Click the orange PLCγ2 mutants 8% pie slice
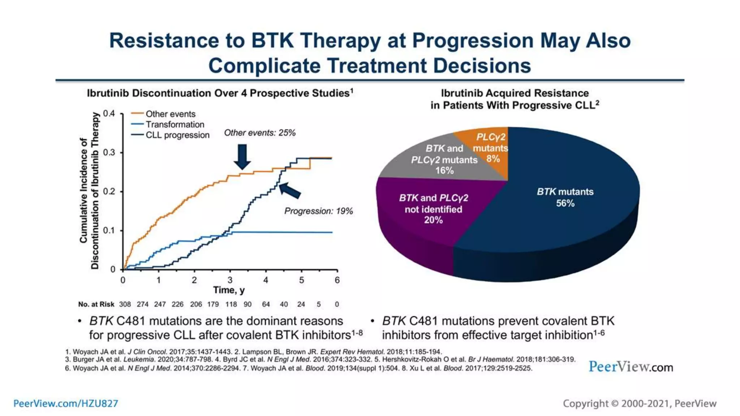(x=490, y=148)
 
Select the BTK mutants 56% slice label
(x=565, y=197)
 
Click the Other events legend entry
(x=170, y=114)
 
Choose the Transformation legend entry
(x=175, y=125)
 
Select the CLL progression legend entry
(x=177, y=135)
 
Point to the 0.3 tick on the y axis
(x=109, y=152)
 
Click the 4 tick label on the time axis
(x=266, y=280)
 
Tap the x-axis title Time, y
(x=229, y=290)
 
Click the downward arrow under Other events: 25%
(x=242, y=156)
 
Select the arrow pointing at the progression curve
(x=290, y=190)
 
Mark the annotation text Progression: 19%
(x=318, y=211)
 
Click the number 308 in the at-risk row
(x=125, y=304)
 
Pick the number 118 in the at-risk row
(x=231, y=304)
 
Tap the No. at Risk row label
(x=96, y=304)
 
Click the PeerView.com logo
(x=631, y=367)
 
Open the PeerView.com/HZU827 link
(x=66, y=403)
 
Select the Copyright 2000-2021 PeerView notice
(x=640, y=403)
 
